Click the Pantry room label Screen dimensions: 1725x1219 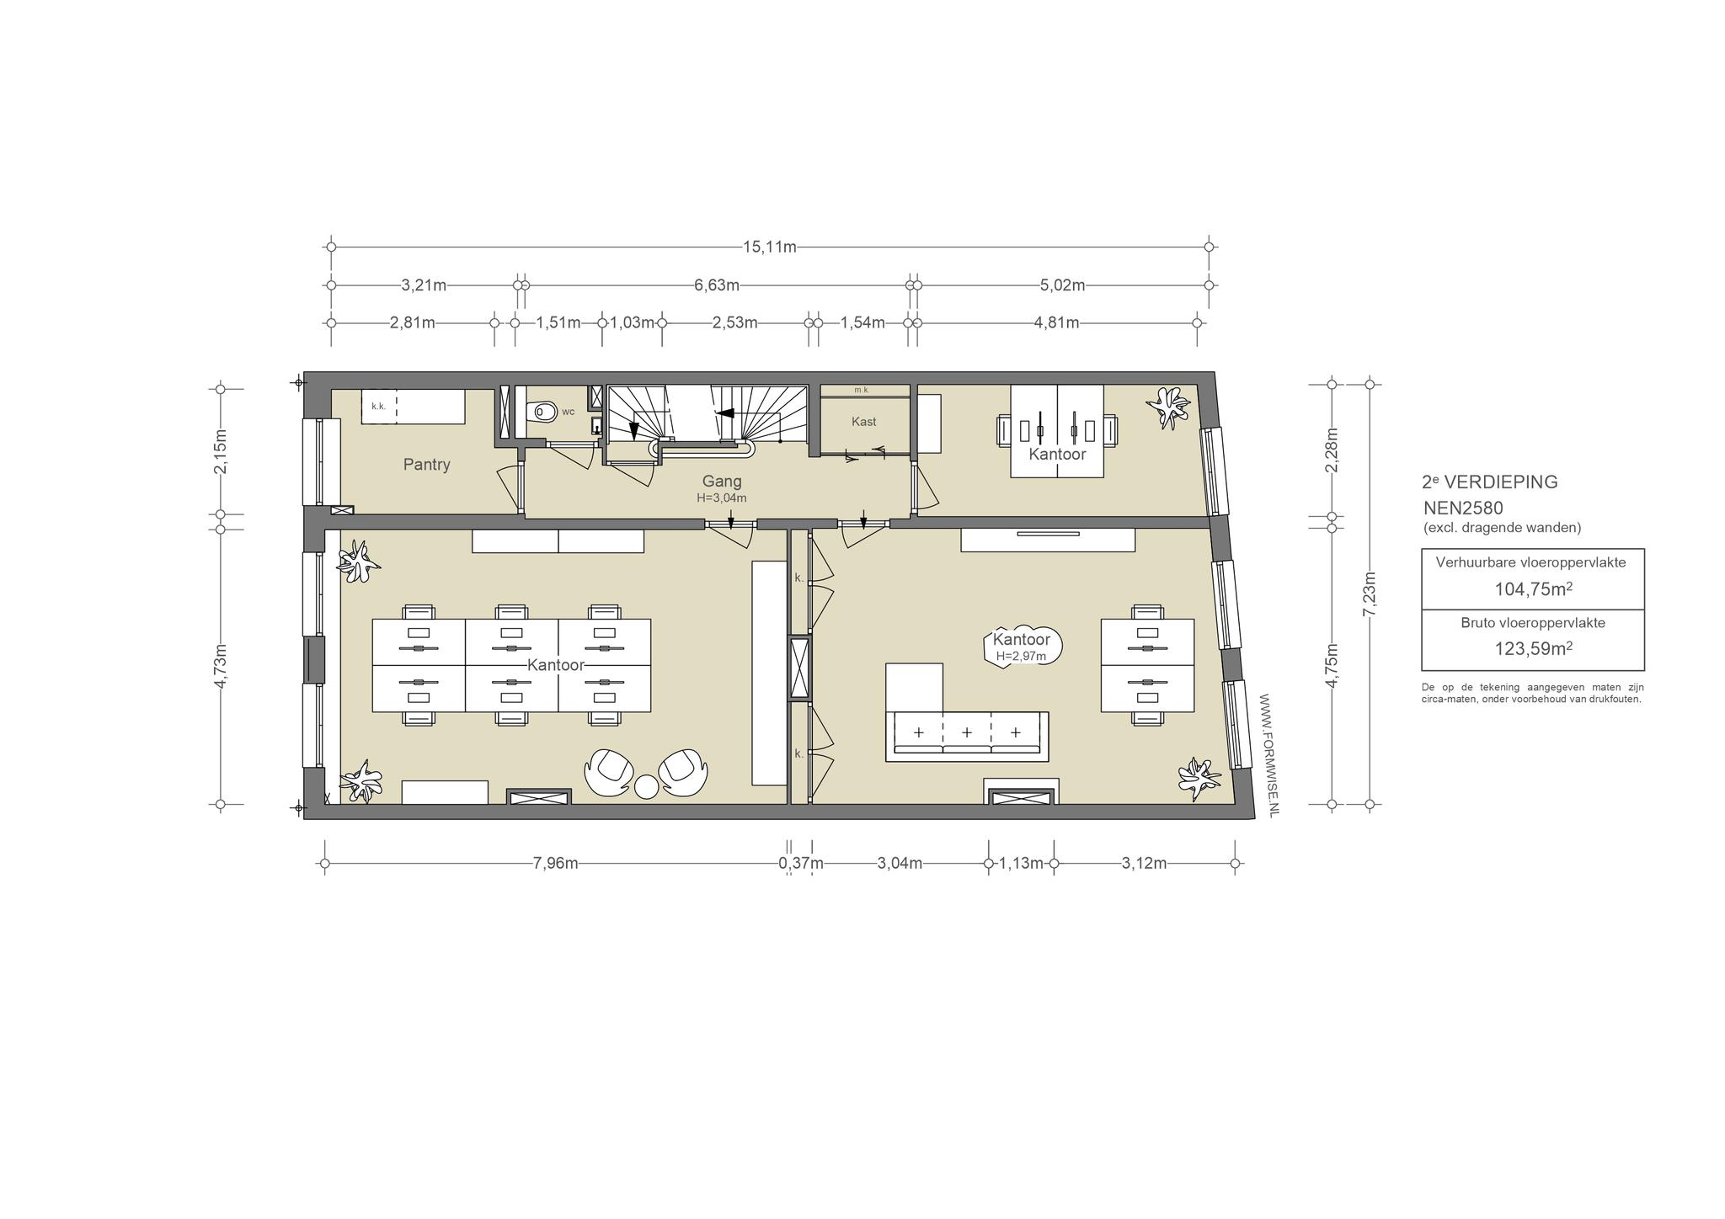pos(426,465)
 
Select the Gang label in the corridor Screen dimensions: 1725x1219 pos(722,482)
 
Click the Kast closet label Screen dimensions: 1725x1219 pos(863,422)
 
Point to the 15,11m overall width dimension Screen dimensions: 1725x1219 pos(769,248)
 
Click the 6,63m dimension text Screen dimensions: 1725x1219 pos(717,285)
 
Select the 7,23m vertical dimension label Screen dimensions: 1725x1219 pos(1370,594)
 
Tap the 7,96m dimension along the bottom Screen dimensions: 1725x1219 pos(555,864)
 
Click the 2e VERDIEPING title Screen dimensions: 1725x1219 pos(1489,482)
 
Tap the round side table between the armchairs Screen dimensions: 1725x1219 pos(646,786)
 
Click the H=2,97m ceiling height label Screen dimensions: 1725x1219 pos(1021,657)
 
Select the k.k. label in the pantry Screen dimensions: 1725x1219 pos(378,407)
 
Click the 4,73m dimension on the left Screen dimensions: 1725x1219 pos(221,667)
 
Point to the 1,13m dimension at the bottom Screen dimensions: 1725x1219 pos(1021,864)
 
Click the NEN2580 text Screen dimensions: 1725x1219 pos(1463,508)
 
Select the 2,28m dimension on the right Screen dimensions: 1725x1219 pos(1332,451)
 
